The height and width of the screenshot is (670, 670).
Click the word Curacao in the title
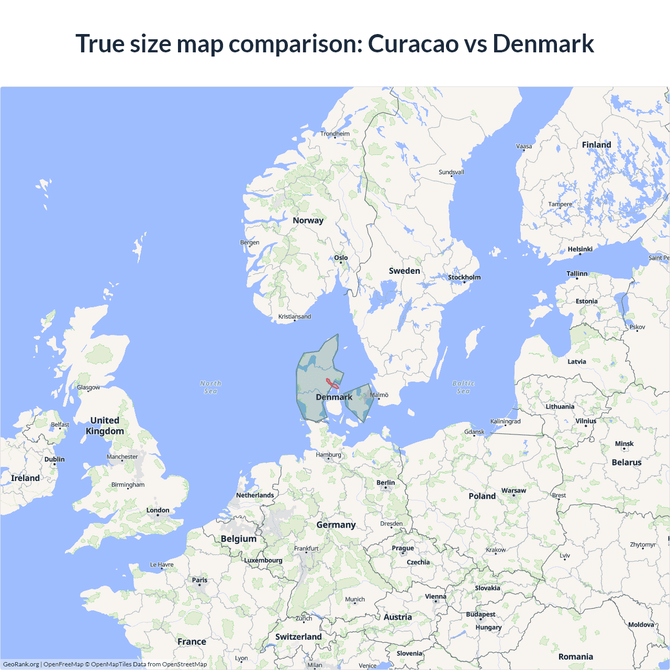point(413,43)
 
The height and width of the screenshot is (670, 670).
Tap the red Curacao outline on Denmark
point(332,384)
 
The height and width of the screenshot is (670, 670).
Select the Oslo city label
point(341,258)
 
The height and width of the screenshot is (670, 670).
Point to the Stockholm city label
point(464,277)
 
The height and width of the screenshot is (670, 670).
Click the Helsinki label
point(580,249)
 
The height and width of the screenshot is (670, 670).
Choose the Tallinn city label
point(577,274)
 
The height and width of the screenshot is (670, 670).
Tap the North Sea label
point(210,387)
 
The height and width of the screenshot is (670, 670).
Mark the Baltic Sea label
point(463,387)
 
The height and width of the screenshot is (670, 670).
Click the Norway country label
point(308,220)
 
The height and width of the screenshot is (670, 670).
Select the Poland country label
point(482,496)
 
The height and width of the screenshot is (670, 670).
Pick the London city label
point(158,510)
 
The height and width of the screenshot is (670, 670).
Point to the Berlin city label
point(386,483)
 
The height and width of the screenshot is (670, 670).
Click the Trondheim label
point(335,133)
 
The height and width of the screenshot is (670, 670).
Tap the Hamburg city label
point(328,455)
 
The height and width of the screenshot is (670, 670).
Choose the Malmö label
point(379,395)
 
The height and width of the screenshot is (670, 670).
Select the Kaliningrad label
point(505,421)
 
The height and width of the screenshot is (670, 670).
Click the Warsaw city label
point(513,490)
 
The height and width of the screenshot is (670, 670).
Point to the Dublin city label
point(54,459)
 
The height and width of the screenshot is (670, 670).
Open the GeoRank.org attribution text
point(21,664)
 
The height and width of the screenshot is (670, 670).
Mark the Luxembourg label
point(263,560)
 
